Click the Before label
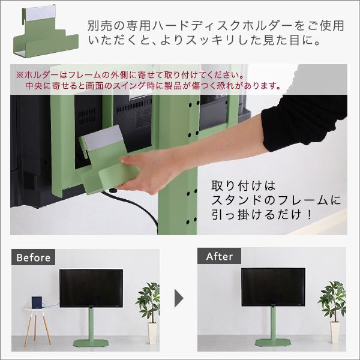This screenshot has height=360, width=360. [33, 257]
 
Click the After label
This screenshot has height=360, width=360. [219, 256]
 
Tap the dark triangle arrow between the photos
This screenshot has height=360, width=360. [179, 296]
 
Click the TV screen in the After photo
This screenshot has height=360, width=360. [272, 287]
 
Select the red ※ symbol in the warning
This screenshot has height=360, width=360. [19, 76]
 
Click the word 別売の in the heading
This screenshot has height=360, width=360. [103, 26]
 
